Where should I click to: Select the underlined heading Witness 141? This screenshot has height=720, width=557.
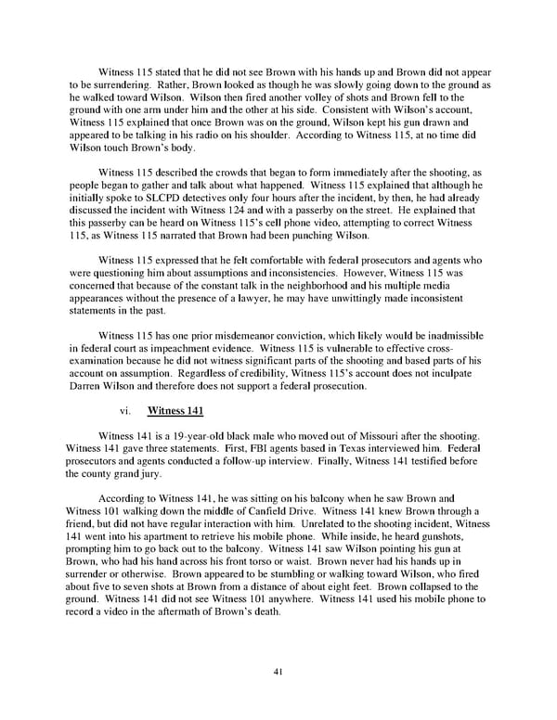point(176,409)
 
